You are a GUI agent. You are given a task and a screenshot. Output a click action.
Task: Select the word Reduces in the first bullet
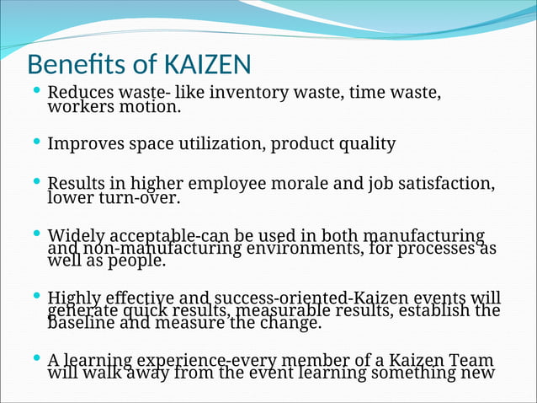point(82,92)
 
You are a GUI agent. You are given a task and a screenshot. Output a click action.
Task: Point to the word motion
point(151,107)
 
